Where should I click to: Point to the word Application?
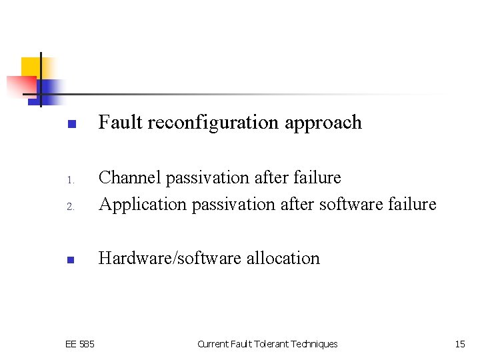click(143, 205)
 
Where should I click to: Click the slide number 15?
click(460, 344)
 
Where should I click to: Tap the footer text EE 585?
click(80, 344)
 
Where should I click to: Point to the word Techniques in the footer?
click(315, 344)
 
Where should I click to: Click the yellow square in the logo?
click(31, 67)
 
